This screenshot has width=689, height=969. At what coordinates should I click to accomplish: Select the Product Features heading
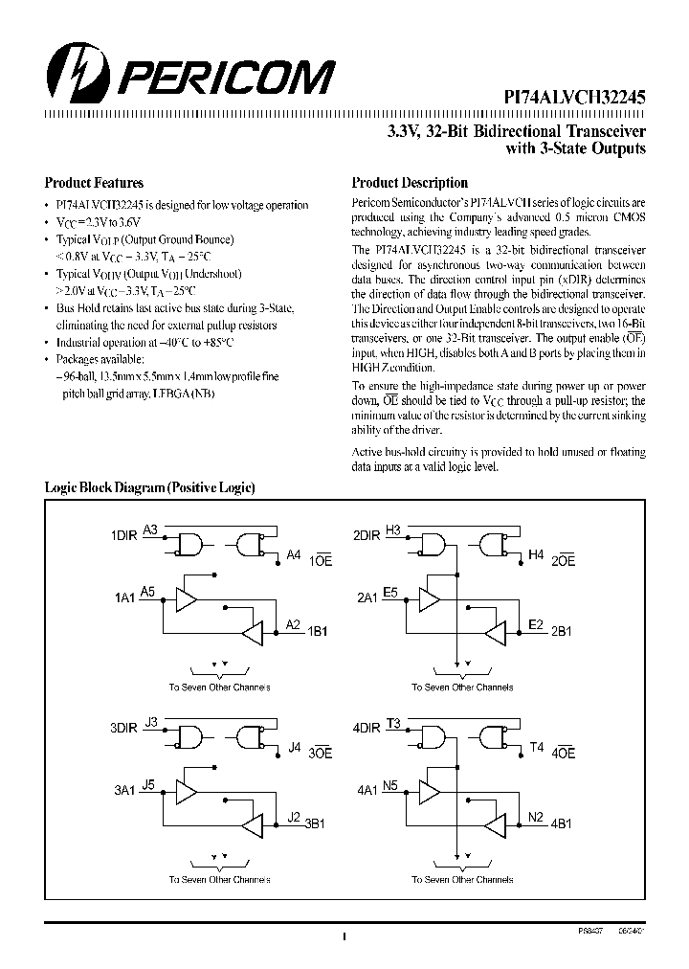click(x=94, y=183)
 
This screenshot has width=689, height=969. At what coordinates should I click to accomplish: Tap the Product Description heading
click(x=410, y=183)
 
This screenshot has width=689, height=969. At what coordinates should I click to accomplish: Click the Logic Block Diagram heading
click(x=149, y=487)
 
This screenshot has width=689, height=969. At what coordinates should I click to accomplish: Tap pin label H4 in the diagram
click(x=536, y=554)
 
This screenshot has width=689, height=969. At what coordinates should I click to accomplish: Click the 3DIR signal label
click(x=124, y=727)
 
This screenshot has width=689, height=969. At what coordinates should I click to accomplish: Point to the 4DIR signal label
click(x=367, y=727)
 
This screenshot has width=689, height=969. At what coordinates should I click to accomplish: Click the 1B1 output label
click(x=317, y=632)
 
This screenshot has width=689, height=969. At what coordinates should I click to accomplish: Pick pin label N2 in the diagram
click(x=536, y=818)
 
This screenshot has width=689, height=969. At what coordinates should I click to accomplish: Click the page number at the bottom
click(x=342, y=938)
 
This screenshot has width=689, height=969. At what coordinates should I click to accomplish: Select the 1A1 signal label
click(x=123, y=597)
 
